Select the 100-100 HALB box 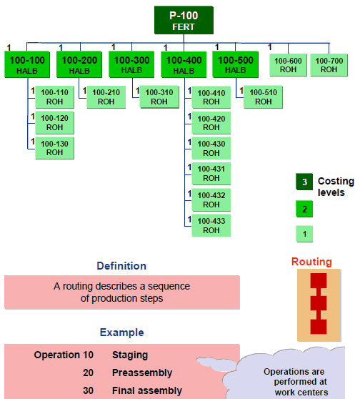(x=28, y=64)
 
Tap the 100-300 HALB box (x=131, y=64)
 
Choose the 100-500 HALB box (x=236, y=64)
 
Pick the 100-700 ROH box (x=329, y=65)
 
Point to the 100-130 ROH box (x=54, y=148)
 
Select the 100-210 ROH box (x=106, y=97)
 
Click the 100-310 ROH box (x=159, y=97)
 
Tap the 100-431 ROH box (x=211, y=174)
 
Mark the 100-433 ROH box (x=211, y=225)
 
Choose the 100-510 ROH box (x=263, y=97)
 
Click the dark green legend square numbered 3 (x=304, y=182)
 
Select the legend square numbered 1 (x=304, y=233)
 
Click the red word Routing (x=311, y=262)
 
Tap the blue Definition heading (x=121, y=266)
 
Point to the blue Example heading (x=121, y=332)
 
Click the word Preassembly (x=141, y=373)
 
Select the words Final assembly (x=147, y=390)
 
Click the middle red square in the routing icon (x=318, y=302)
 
